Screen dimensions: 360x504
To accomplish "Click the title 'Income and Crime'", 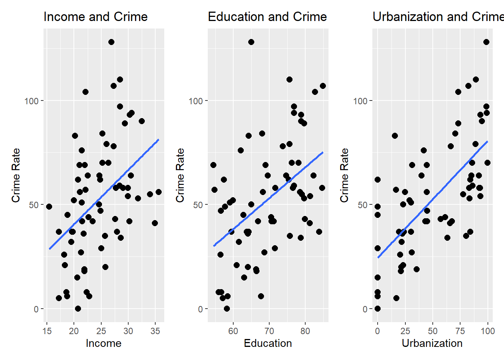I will coord(95,17).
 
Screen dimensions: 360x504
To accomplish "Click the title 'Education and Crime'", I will coord(267,17).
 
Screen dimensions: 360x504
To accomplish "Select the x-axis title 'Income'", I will coord(103,343).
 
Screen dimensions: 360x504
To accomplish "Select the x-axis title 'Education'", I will coord(268,343).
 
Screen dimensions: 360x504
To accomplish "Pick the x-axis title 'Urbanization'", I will coord(432,343).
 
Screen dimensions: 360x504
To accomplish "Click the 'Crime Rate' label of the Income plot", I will coord(16,175).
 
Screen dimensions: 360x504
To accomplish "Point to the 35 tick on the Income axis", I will coord(155,331).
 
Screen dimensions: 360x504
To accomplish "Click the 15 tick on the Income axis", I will coord(47,331).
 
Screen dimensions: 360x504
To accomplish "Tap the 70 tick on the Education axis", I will coord(269,331).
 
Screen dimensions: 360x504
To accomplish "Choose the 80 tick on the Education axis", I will coord(305,331).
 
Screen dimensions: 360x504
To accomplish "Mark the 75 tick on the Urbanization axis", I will coord(460,331).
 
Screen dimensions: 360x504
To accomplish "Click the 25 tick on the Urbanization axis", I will coord(405,331).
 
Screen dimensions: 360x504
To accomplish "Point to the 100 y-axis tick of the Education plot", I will coord(195,101).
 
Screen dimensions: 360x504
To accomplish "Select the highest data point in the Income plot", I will coord(111,42).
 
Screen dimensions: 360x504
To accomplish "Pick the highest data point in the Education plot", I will coord(251,42).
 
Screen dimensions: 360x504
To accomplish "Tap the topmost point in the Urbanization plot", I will coord(486,42).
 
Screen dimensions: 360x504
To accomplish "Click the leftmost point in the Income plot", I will coord(49,207).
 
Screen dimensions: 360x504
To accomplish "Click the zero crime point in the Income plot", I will coord(78,309).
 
